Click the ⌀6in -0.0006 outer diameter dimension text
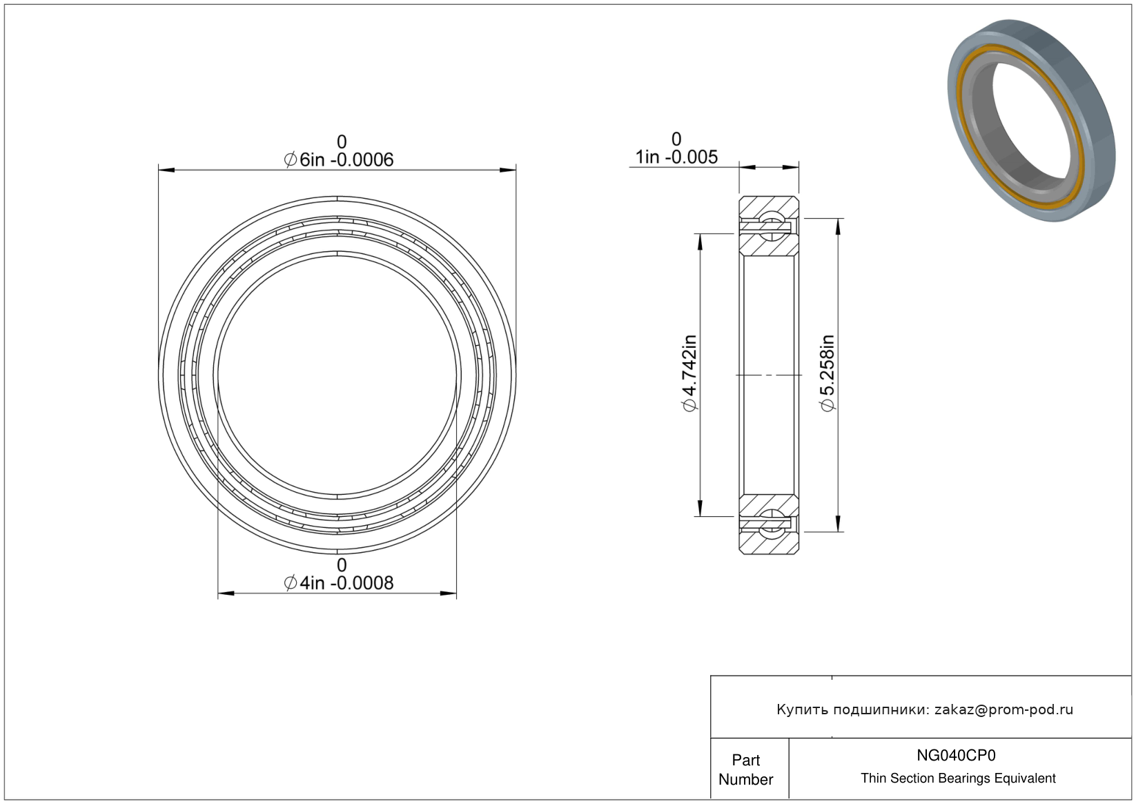(339, 160)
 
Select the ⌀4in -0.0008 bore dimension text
(339, 583)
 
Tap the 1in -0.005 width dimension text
(676, 157)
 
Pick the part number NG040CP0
(956, 755)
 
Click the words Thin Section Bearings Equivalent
(958, 778)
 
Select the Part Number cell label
(745, 769)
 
